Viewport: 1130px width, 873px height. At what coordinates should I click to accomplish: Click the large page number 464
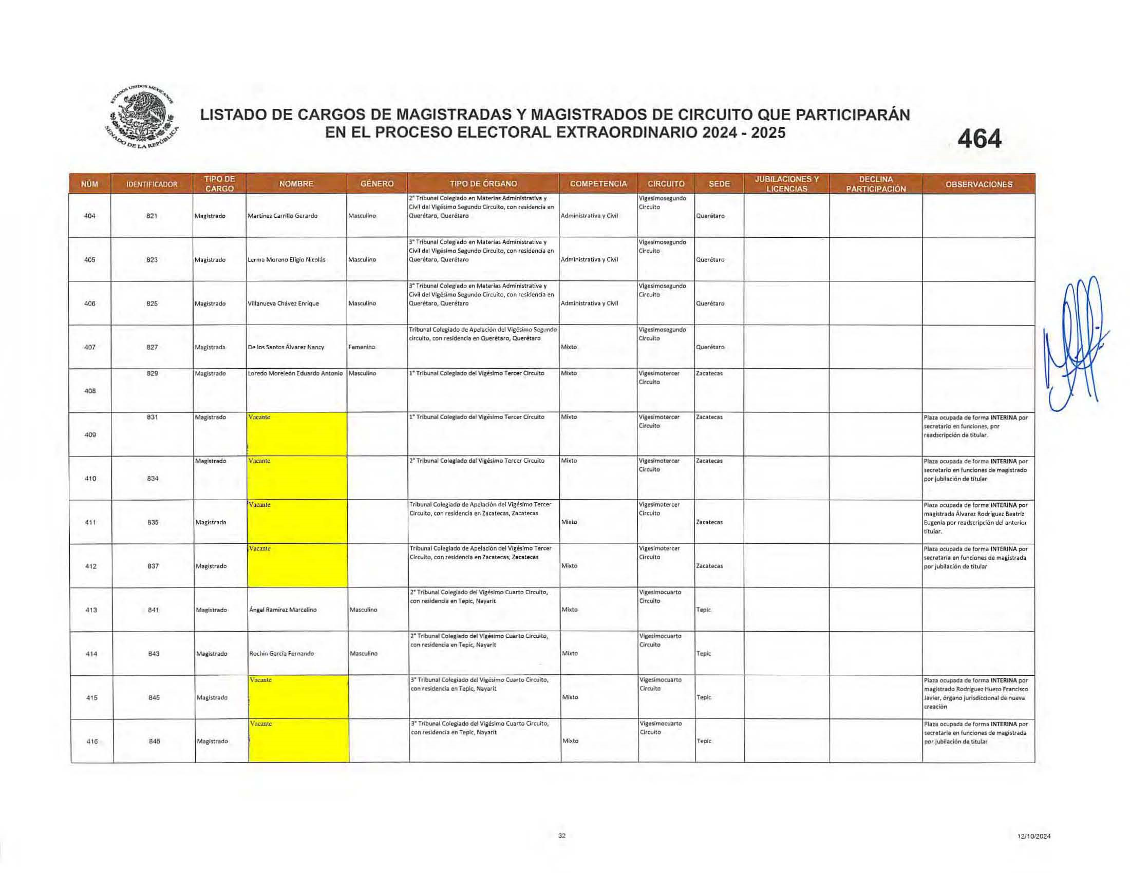[980, 139]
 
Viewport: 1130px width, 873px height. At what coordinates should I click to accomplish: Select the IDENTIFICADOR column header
[152, 184]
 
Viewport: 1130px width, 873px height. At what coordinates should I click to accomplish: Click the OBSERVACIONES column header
[978, 184]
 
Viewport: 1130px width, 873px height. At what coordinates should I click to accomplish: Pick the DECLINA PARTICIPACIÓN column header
[875, 184]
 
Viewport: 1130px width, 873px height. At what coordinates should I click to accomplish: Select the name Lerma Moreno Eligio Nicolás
[287, 260]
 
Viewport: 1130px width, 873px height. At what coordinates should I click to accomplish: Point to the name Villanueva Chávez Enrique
[283, 303]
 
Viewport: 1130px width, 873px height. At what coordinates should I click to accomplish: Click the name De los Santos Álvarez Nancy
[286, 347]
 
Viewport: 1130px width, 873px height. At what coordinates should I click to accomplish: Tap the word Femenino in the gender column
[362, 347]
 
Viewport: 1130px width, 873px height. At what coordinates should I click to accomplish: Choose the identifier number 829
[152, 373]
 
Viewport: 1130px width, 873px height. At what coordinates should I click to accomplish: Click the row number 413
[91, 610]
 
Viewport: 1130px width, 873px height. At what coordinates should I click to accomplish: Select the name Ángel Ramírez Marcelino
[283, 610]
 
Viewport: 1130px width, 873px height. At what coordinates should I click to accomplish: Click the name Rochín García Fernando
[281, 654]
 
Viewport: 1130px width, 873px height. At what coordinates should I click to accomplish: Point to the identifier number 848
[154, 741]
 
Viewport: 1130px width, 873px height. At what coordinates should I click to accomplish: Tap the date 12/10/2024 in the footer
[1034, 836]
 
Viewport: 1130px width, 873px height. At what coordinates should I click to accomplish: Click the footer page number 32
[562, 836]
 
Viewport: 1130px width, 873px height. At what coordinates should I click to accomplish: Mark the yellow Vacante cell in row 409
[297, 434]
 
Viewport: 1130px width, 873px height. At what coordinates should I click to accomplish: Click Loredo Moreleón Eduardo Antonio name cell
[295, 373]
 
